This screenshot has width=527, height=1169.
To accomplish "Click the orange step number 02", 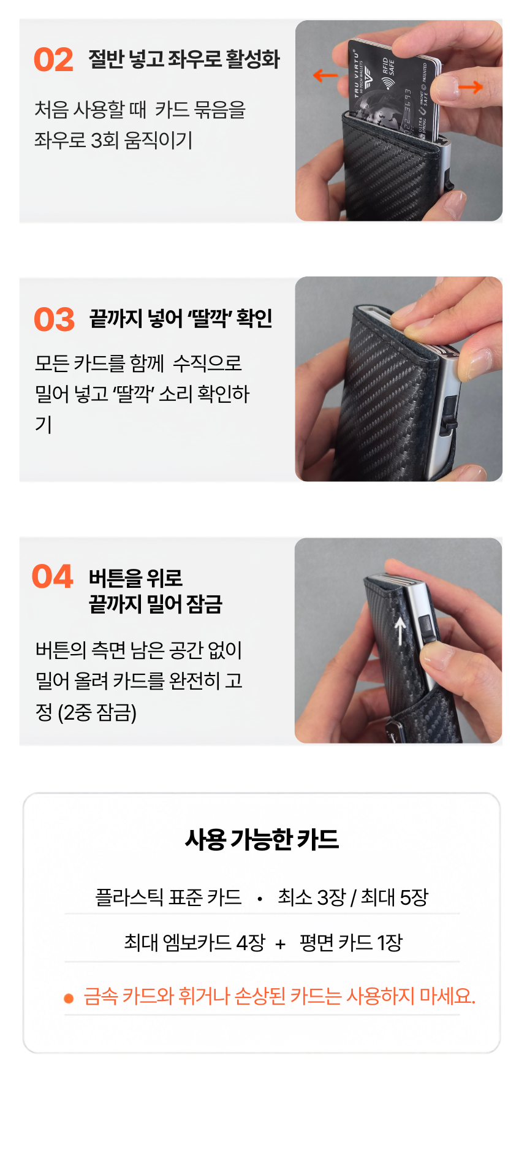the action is click(53, 60).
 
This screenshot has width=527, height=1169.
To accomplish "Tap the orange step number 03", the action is click(54, 319).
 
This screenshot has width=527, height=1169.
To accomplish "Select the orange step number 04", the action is click(53, 577).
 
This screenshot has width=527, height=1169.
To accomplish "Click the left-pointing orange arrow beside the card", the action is click(325, 75).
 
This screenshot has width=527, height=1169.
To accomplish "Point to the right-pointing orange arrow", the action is click(471, 87).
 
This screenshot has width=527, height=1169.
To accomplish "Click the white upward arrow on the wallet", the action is click(400, 630).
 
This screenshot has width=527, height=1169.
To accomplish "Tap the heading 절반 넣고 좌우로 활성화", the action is click(184, 59).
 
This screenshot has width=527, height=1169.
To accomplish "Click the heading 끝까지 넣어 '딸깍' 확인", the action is click(181, 319).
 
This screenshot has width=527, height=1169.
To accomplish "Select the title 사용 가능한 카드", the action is click(262, 839).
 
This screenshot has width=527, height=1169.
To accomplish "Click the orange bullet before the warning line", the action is click(69, 999).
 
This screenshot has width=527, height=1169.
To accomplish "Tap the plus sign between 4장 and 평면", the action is click(280, 944).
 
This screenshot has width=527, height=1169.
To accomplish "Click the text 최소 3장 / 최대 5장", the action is click(353, 897).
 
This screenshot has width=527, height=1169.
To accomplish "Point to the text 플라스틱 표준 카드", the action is click(169, 897).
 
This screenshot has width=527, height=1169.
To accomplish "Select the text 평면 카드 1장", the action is click(351, 943).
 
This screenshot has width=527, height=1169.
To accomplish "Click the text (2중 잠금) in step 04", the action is click(97, 712).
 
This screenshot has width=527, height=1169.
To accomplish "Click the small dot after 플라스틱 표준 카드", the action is click(260, 899).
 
